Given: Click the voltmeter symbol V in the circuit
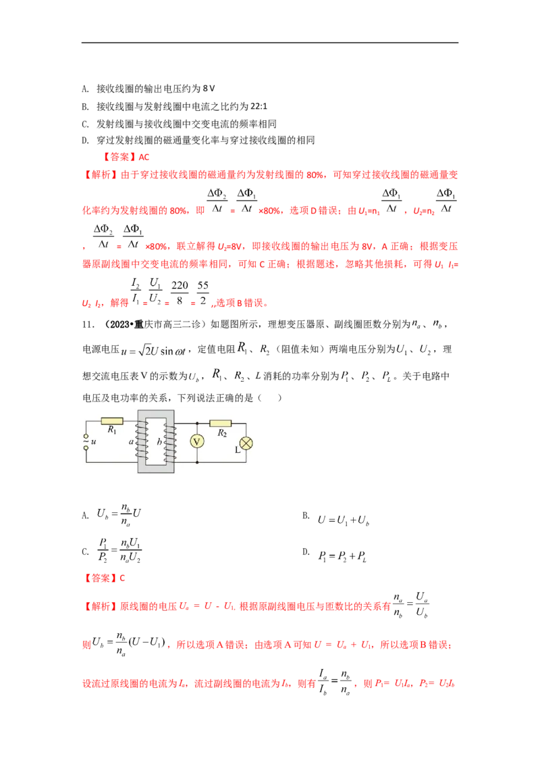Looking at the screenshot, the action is (197, 442).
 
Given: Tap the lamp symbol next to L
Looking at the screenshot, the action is (246, 443).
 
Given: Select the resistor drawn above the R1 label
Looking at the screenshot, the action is (111, 421).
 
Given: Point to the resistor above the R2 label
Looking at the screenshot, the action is (220, 424).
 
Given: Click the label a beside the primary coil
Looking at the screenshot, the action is (131, 442).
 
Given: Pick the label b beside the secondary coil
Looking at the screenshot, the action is (159, 441).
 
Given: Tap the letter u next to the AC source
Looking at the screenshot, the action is (94, 441).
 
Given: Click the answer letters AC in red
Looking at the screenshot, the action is (144, 157).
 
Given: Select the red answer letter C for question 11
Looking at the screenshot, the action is (122, 578).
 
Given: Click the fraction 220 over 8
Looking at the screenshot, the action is (180, 293).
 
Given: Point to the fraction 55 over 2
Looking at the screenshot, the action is (202, 293).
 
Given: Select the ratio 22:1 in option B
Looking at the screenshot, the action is (259, 106).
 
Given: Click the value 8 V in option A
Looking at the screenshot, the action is (209, 89).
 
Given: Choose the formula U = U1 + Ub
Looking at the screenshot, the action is (343, 520).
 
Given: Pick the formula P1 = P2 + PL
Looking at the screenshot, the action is (342, 556).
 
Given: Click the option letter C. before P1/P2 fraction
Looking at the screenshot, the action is (85, 552).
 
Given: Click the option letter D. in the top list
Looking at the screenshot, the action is (85, 141).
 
